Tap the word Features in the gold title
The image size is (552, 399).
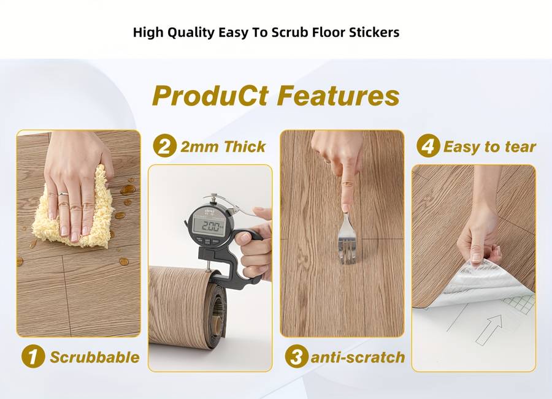[x=338, y=96]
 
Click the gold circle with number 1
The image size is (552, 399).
[x=33, y=357]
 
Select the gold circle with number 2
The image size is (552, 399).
[x=165, y=146]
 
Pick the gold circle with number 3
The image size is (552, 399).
[x=296, y=357]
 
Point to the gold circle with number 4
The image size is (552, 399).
[x=428, y=146]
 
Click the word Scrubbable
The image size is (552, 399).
[x=94, y=357]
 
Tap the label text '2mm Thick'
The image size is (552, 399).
[x=223, y=146]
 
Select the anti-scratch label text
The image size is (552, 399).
[x=358, y=357]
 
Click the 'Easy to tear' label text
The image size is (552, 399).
[x=489, y=146]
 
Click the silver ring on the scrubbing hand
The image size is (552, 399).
[x=63, y=194]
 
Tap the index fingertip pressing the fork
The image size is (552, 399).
[x=345, y=208]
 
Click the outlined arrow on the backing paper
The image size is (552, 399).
[x=489, y=329]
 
